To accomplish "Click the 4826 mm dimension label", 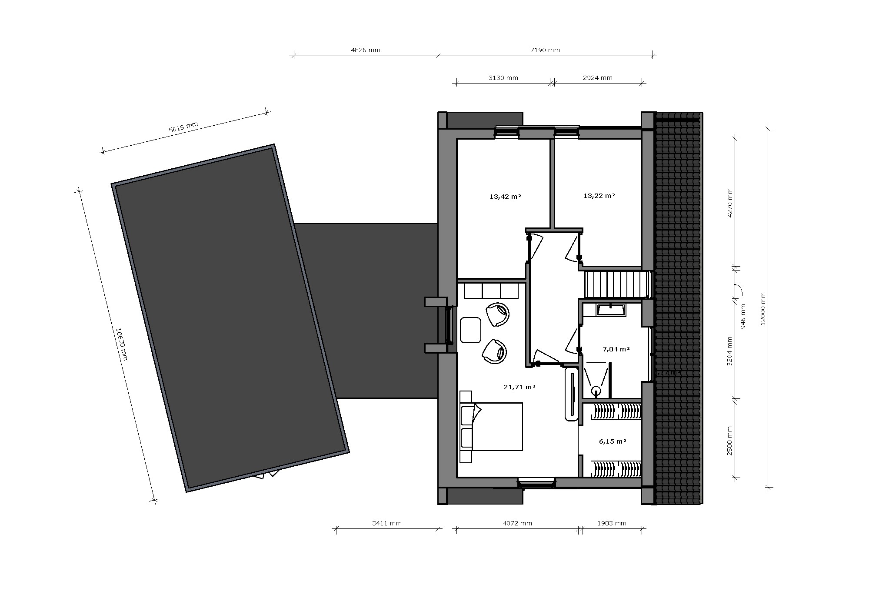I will tap(365, 50).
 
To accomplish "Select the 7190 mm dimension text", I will tap(545, 50).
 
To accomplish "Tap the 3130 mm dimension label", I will tap(503, 78).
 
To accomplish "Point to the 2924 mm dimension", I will tap(597, 78).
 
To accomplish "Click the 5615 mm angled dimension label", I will tap(183, 127).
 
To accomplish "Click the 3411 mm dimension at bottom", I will tap(386, 523).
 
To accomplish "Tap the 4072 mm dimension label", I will tap(517, 523).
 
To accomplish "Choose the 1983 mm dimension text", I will tap(611, 523).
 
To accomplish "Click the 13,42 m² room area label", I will tap(505, 196).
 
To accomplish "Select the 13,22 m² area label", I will tap(599, 196).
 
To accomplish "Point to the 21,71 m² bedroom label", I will tap(519, 387).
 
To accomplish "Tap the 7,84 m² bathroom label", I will tap(616, 349).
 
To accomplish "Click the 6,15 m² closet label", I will tap(612, 441).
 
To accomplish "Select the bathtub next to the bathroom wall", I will tap(571, 394).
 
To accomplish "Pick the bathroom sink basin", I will tap(611, 310).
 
